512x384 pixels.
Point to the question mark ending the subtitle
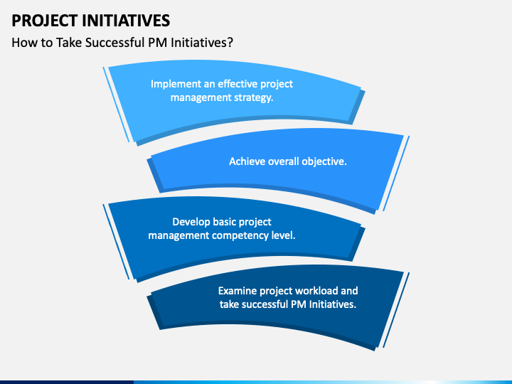coord(230,43)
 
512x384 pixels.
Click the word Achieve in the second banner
coord(247,161)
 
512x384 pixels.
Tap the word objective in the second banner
coord(324,161)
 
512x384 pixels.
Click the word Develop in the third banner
coord(191,222)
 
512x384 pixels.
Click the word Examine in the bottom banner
coord(238,291)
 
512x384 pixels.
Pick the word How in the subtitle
coord(23,43)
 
